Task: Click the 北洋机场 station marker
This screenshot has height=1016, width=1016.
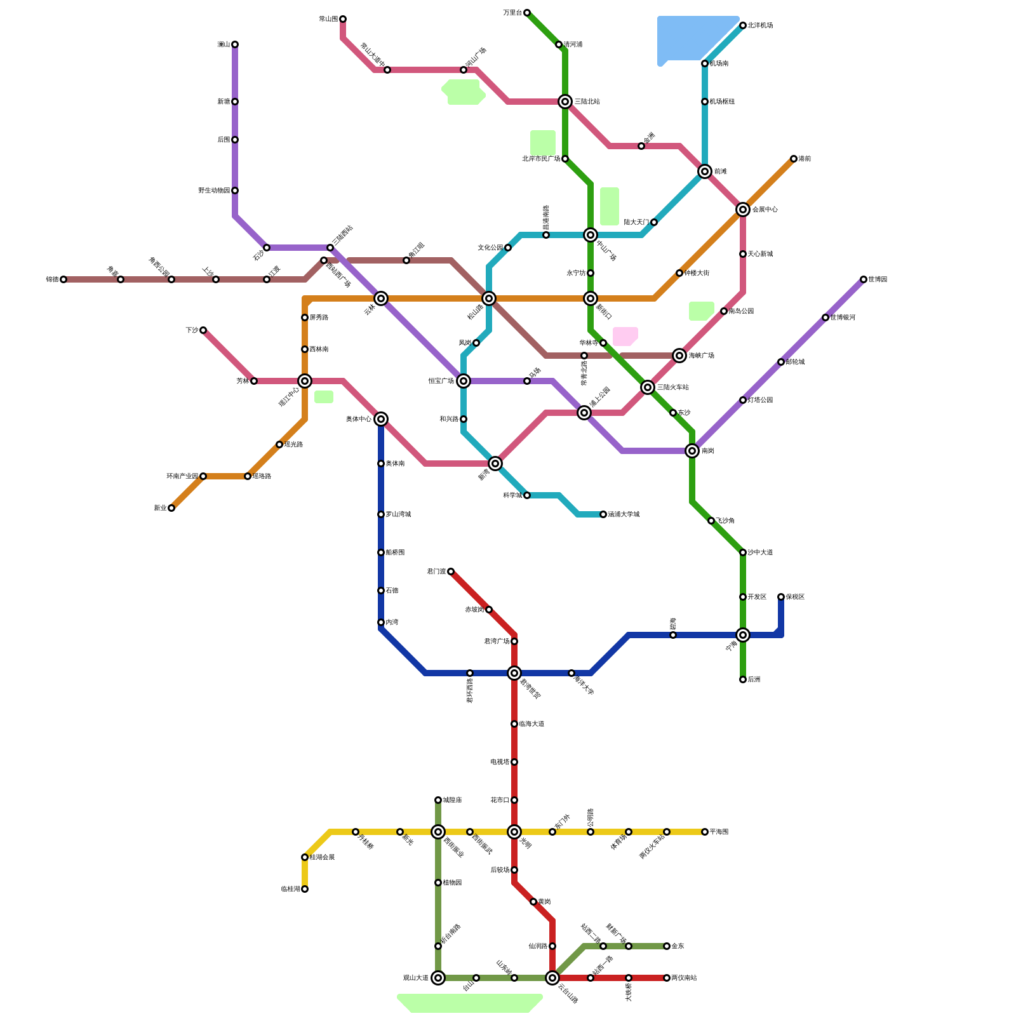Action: (743, 25)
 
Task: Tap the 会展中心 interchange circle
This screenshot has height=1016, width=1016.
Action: (743, 210)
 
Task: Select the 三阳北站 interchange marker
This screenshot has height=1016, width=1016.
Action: (565, 102)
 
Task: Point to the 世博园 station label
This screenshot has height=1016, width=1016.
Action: (878, 279)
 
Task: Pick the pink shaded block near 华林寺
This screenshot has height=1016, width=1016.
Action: (625, 336)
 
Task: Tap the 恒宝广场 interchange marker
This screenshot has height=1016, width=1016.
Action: (464, 381)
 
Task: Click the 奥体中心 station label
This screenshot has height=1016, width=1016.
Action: (359, 419)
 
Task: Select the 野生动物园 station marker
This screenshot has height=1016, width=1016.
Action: (235, 190)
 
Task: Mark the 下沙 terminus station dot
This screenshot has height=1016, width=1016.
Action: (203, 330)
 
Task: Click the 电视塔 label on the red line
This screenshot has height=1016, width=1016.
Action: (500, 762)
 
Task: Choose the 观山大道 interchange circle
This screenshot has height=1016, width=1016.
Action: (438, 978)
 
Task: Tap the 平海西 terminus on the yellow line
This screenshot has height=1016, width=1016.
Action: (705, 832)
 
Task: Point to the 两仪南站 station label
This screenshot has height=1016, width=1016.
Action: (684, 978)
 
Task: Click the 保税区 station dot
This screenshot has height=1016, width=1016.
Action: (781, 597)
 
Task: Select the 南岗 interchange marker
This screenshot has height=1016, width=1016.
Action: (692, 451)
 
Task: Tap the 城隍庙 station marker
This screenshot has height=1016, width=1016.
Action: (438, 800)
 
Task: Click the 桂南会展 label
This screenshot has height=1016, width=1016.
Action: (322, 857)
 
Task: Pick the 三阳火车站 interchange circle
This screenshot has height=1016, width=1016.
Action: (648, 387)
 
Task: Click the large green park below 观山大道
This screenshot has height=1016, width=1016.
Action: (470, 1003)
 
